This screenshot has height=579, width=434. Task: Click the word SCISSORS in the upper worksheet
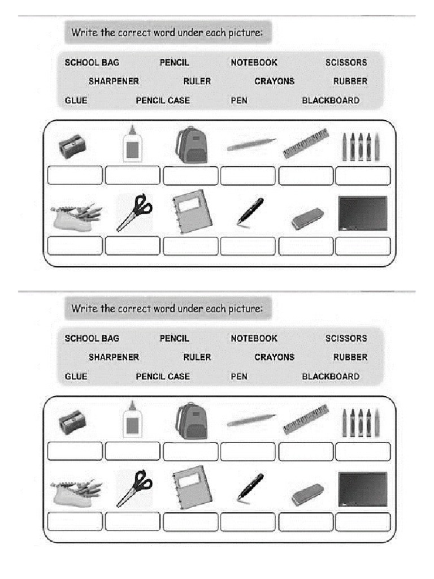point(346,63)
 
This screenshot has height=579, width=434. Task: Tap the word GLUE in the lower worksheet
point(76,377)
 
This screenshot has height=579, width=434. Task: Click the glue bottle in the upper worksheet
point(132,144)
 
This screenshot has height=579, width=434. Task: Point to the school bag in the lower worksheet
point(192,421)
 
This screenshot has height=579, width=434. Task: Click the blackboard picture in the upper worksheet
point(362,213)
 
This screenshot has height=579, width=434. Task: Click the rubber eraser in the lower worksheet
point(307,494)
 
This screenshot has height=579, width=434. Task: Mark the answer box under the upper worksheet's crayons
point(363,176)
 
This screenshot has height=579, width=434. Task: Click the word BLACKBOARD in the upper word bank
point(330,101)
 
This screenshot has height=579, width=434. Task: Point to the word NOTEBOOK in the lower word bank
point(254,339)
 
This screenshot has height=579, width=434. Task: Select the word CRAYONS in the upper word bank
point(274,81)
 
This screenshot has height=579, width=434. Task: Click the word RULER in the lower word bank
point(197,357)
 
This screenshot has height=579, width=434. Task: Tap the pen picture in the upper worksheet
point(250,211)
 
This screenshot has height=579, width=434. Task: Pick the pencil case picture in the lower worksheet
point(76,490)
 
